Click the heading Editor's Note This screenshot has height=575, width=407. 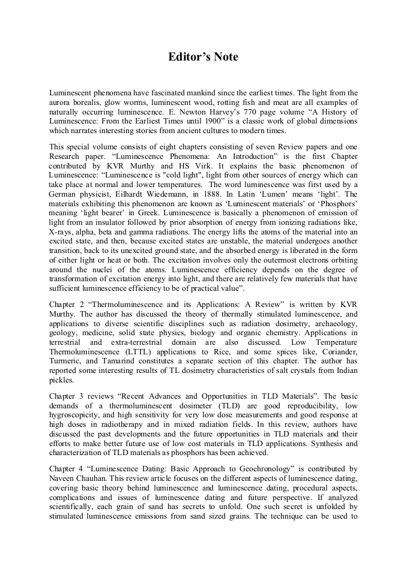pos(203,57)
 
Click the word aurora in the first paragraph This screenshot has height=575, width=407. pos(61,102)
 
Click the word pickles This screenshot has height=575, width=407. pos(61,380)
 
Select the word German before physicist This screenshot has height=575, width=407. pos(63,194)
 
